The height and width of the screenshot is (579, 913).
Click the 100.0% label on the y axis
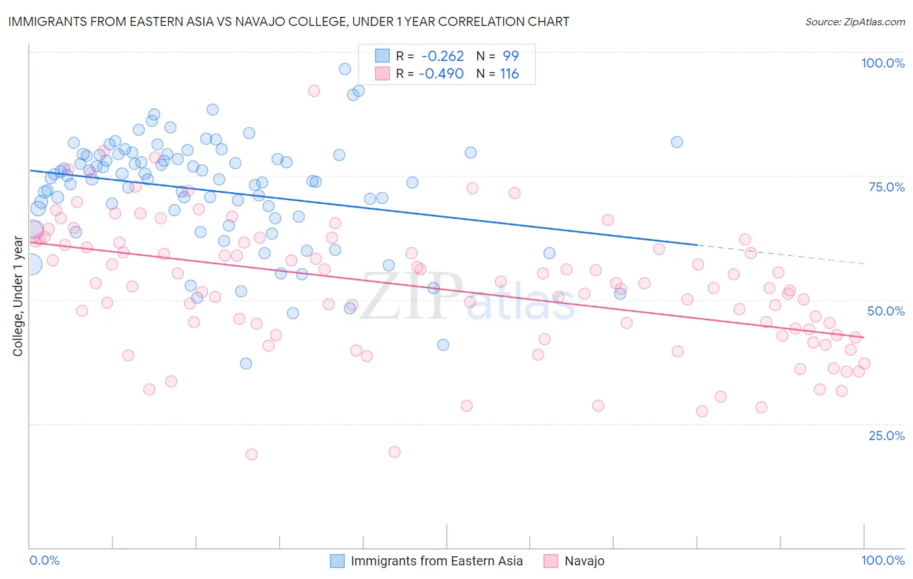point(882,63)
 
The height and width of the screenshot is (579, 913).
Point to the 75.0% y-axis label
point(886,187)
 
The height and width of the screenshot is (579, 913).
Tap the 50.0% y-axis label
point(886,311)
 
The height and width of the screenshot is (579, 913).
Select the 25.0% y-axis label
point(886,436)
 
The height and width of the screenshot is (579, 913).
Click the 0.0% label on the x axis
point(45,560)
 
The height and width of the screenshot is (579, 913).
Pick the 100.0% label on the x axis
point(882,560)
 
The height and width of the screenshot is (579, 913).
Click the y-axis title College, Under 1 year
point(18,296)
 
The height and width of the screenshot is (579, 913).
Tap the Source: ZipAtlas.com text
point(855,22)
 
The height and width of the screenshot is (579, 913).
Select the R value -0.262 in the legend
point(442,56)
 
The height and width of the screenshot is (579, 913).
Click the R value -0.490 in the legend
point(441,74)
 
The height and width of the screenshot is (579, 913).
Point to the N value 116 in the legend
point(509,74)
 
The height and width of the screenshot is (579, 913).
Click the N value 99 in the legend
point(510,56)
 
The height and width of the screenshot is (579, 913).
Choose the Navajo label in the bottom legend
point(584,561)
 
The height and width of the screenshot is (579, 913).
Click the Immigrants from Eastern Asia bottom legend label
point(436,561)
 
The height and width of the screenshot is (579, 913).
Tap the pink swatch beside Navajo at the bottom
point(551,561)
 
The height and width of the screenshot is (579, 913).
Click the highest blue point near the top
point(345,69)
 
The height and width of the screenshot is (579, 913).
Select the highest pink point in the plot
point(314,91)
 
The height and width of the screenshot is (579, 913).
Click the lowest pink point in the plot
point(251,454)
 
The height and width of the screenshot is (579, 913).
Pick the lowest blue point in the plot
point(245,363)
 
